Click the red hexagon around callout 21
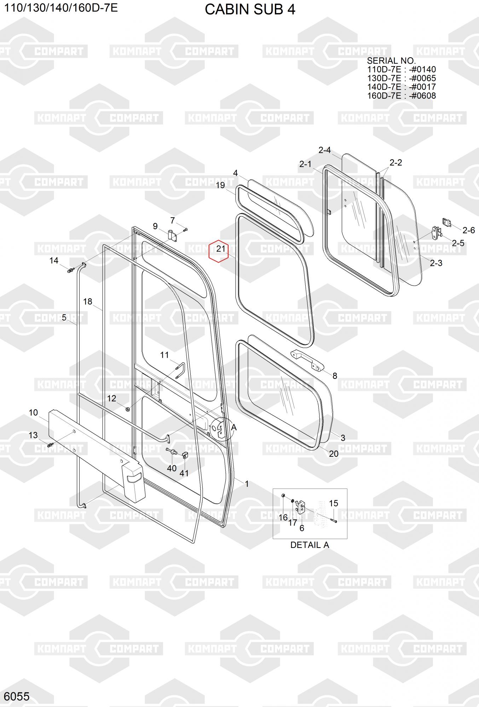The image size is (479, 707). tap(219, 251)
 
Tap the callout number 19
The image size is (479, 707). tap(220, 185)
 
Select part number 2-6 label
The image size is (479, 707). tap(468, 230)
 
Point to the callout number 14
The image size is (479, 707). tap(54, 261)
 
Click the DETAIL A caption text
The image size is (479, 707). tap(310, 545)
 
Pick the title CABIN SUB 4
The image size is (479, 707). tap(250, 10)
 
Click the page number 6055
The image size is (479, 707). tap(17, 696)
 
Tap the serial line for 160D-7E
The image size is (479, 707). tap(401, 95)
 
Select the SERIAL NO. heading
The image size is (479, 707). tap(391, 61)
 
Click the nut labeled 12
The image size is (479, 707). tap(128, 409)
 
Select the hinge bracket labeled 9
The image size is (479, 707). tap(172, 236)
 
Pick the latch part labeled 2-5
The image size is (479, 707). tap(437, 232)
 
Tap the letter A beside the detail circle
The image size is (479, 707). tap(234, 427)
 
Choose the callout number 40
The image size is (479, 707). tap(172, 468)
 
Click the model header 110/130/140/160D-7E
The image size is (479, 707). tap(60, 8)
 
